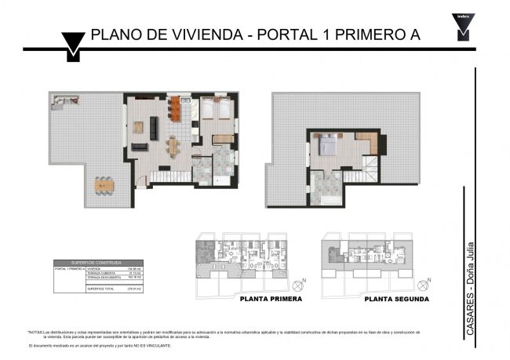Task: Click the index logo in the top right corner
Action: [x=463, y=26]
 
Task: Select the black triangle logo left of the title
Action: [x=73, y=45]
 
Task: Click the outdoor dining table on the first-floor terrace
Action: [x=104, y=186]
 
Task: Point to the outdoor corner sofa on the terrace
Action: [x=59, y=101]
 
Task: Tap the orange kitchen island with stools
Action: [x=174, y=110]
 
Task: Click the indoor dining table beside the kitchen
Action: [x=173, y=146]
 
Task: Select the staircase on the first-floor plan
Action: [x=170, y=177]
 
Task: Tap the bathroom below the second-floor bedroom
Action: [x=323, y=188]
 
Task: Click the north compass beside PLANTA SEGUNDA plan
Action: [x=424, y=282]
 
